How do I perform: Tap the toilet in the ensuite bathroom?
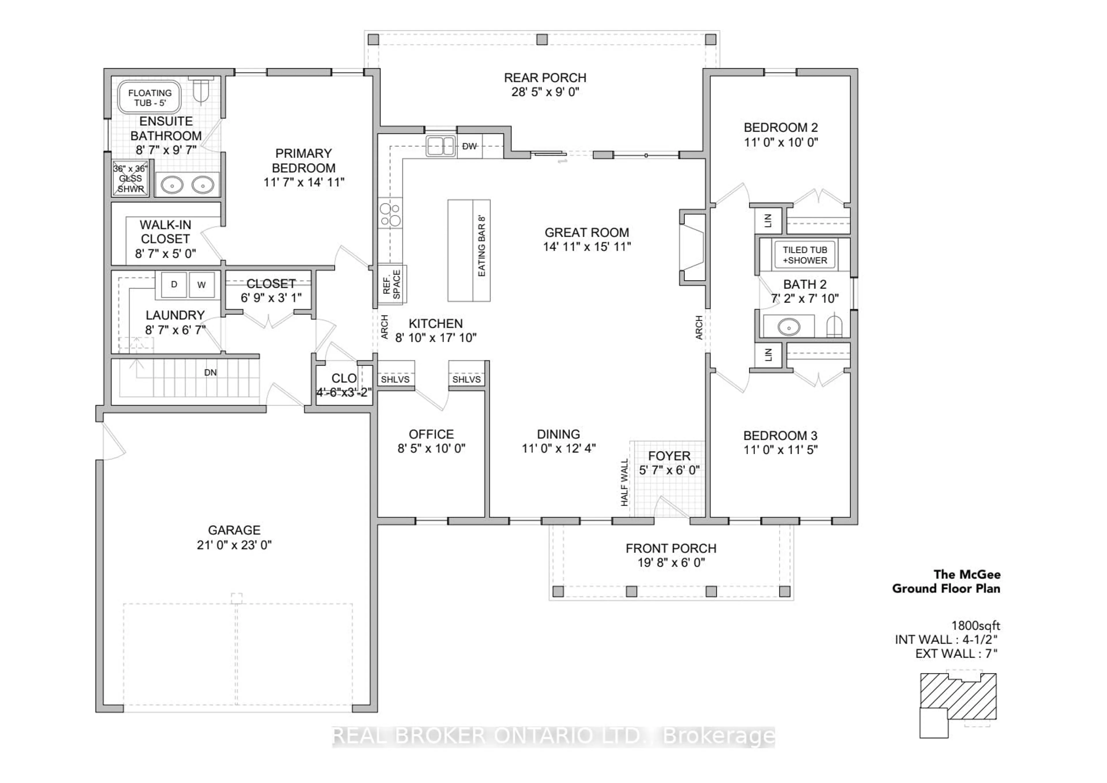(x=201, y=90)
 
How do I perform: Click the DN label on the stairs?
(x=210, y=373)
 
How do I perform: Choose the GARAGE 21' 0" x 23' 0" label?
(x=234, y=537)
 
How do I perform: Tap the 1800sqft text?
(x=975, y=626)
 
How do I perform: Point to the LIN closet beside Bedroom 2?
(x=768, y=220)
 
